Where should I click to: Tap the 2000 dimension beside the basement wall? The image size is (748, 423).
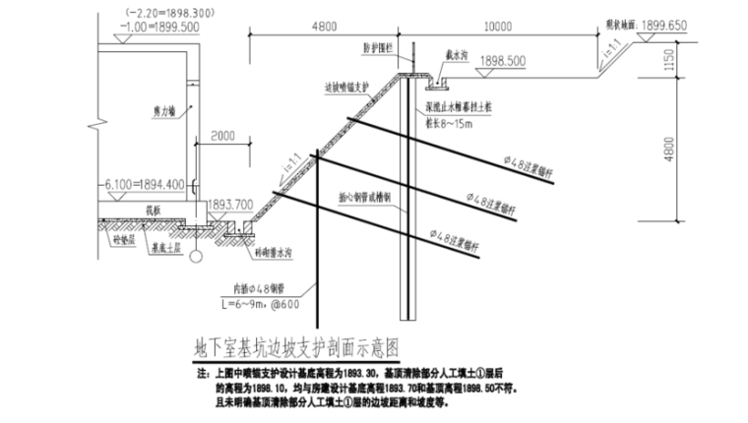pos(223,135)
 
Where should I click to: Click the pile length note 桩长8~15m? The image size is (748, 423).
pos(445,124)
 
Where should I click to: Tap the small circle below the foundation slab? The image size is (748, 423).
pos(195,257)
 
